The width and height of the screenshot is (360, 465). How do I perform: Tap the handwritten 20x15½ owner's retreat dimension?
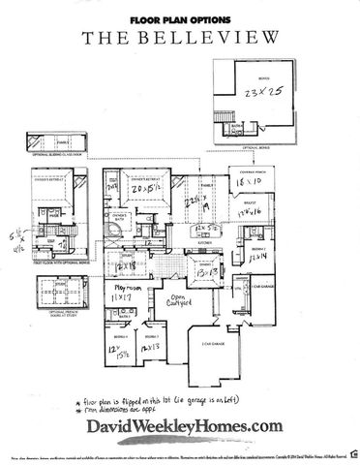click(148, 190)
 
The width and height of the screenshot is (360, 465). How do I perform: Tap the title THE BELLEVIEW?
click(179, 38)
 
